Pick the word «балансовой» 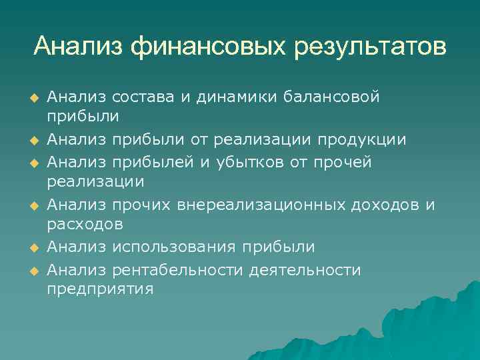coord(331,97)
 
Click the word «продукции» coord(371,141)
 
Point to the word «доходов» coord(386,205)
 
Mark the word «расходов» coord(85,226)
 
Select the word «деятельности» coord(305,270)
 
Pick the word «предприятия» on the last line coord(100,290)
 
